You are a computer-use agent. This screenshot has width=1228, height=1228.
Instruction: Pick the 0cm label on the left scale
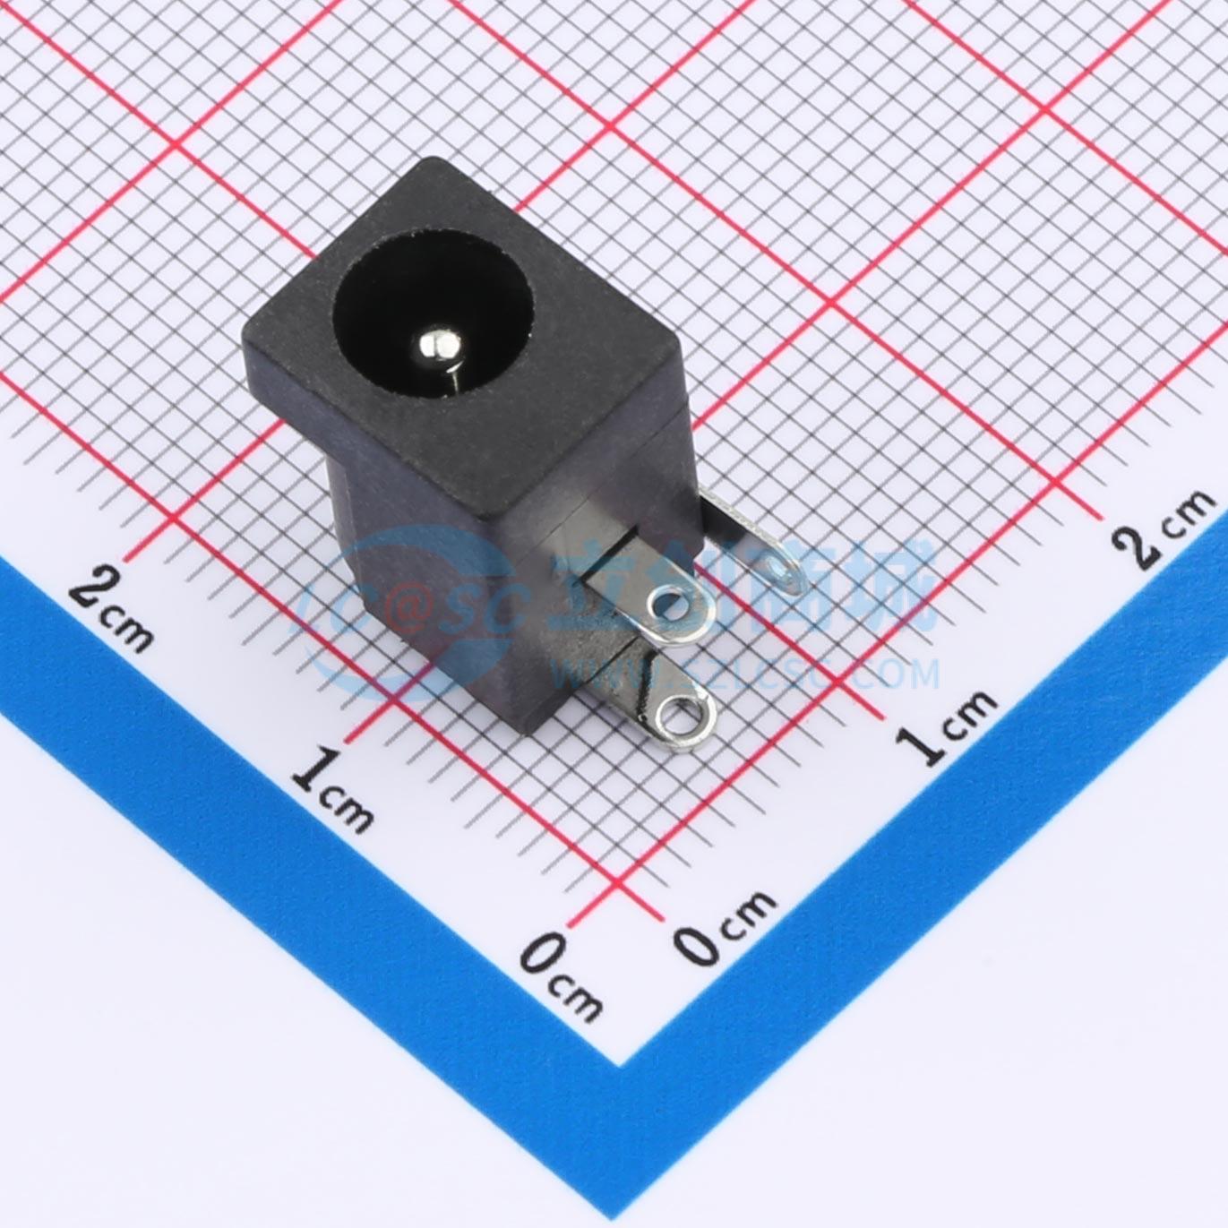click(560, 972)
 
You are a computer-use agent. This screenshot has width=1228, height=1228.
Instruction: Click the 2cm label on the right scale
click(1164, 529)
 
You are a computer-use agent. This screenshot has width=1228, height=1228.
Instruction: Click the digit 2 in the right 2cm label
click(1138, 546)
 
